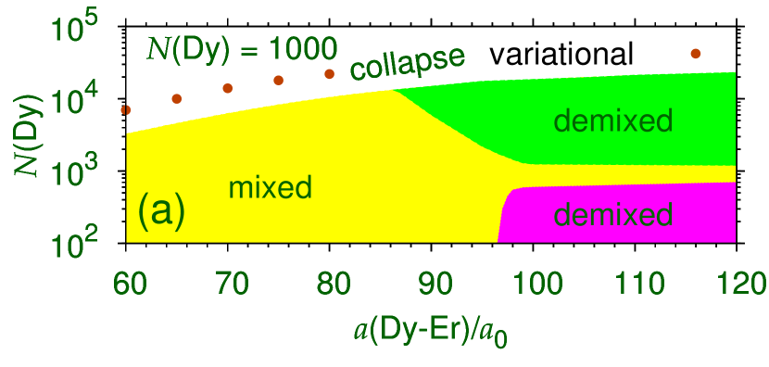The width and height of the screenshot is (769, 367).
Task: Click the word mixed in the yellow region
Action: coord(270,187)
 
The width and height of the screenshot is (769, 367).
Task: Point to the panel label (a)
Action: coord(162,211)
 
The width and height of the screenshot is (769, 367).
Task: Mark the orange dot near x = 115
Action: coord(696,54)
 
